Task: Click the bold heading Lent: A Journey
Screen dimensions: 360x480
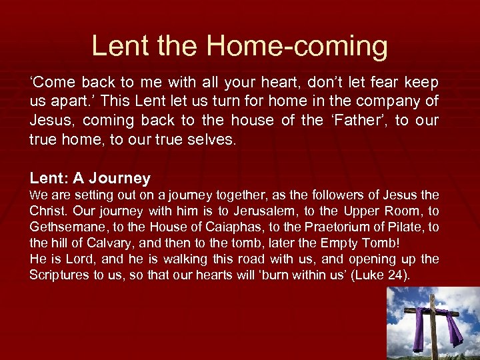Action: tap(90, 178)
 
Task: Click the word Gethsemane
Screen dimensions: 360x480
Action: tap(63, 227)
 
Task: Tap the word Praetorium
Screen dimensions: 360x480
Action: tap(341, 227)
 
